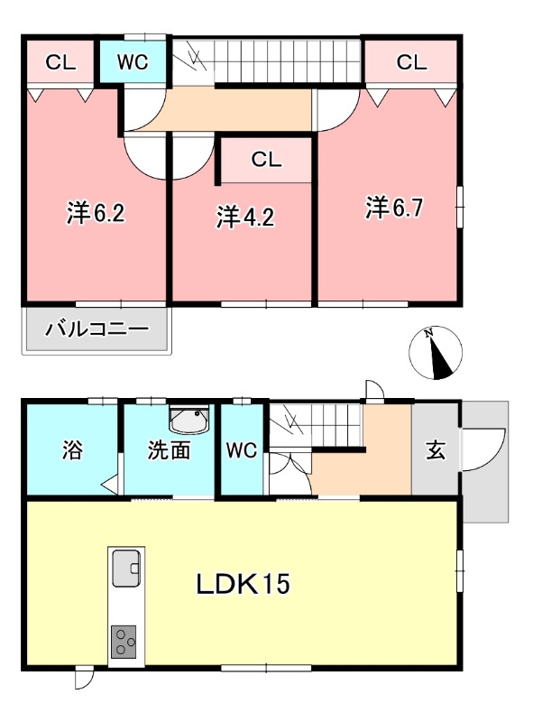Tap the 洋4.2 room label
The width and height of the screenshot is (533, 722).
(244, 217)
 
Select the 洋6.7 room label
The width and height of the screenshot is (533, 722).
(394, 208)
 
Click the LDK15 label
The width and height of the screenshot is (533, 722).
(243, 585)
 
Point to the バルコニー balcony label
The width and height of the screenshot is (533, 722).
(96, 329)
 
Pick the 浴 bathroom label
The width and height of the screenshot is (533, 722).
(72, 450)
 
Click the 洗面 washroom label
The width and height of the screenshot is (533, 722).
(170, 450)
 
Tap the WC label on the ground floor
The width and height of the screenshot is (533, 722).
(243, 450)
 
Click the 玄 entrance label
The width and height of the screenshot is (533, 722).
(436, 450)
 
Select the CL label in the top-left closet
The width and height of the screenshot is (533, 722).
(60, 62)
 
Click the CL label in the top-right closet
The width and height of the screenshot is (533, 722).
(411, 62)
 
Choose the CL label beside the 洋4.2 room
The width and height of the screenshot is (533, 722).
(267, 161)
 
